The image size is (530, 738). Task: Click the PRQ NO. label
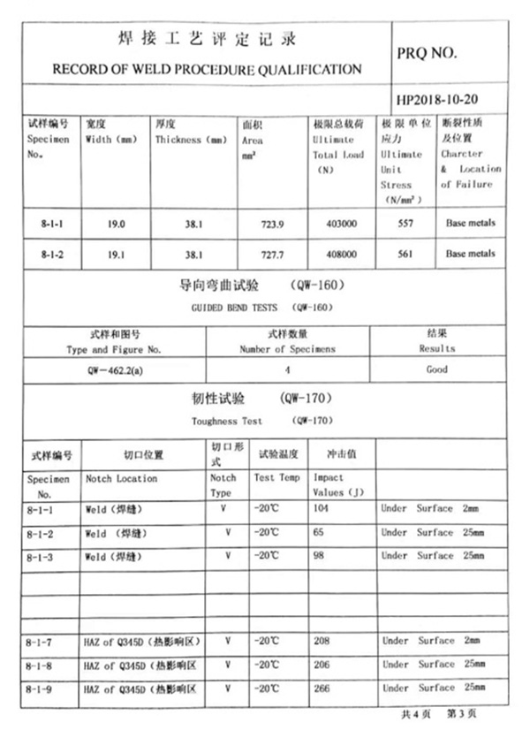[x=427, y=52]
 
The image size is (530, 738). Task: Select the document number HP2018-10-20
[x=438, y=96]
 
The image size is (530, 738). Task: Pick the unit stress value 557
[x=405, y=224]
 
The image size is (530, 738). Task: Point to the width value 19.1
[x=116, y=254]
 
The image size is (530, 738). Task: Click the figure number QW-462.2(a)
[x=115, y=369]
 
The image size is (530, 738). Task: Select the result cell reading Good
[x=436, y=369]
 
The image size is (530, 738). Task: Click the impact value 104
[x=322, y=509]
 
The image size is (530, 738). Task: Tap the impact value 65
[x=319, y=533]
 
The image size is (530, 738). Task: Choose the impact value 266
[x=322, y=687]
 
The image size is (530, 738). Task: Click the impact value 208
[x=322, y=641]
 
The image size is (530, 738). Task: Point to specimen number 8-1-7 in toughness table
[x=41, y=641]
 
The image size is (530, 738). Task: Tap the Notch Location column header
[x=121, y=478]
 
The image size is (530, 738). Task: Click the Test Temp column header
[x=276, y=478]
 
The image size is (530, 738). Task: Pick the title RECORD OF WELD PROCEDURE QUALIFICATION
[x=207, y=69]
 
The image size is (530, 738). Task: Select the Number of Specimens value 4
[x=287, y=369]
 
